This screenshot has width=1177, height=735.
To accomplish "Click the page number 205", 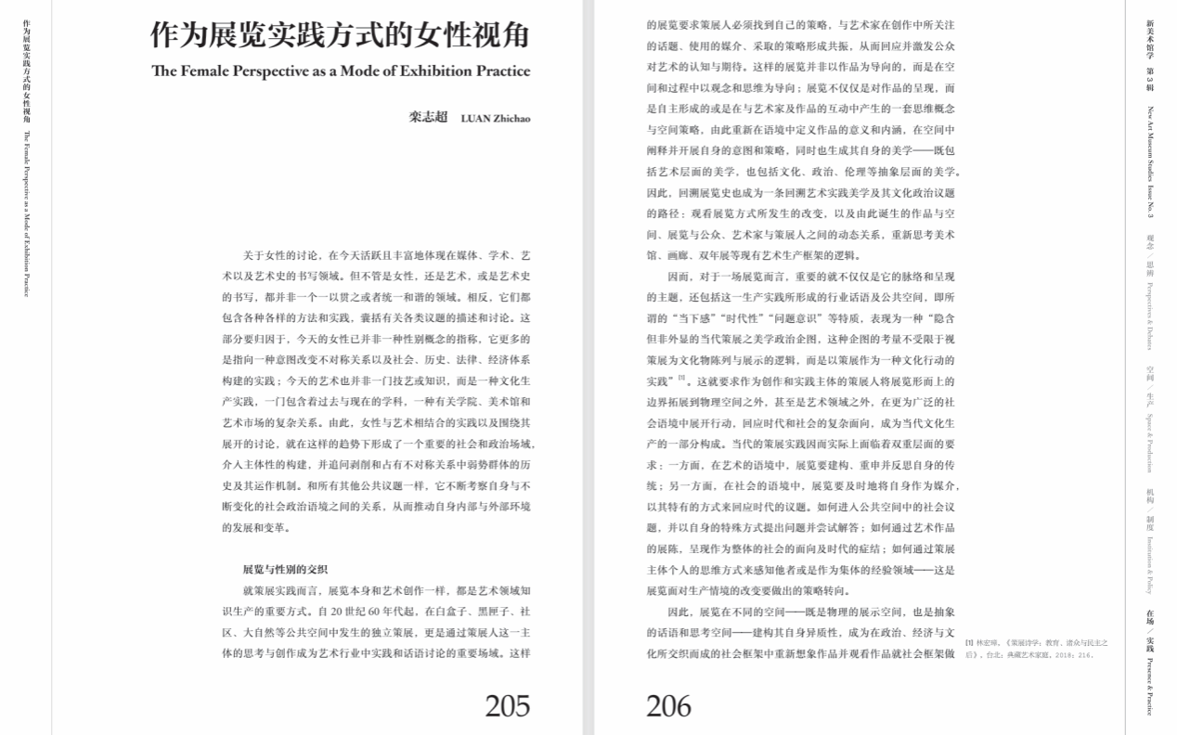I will point(507,705).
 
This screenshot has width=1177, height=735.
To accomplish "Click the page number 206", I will point(669,705).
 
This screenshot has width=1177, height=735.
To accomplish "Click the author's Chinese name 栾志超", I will point(428,117).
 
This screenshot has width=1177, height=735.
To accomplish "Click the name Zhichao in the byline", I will point(511,118).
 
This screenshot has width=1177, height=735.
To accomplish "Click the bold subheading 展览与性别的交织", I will point(285,569).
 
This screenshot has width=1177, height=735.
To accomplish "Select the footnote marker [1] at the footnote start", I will point(968,642).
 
